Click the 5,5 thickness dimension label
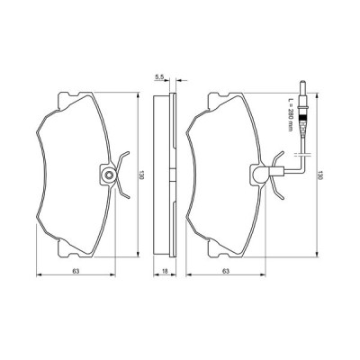click(158, 80)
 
